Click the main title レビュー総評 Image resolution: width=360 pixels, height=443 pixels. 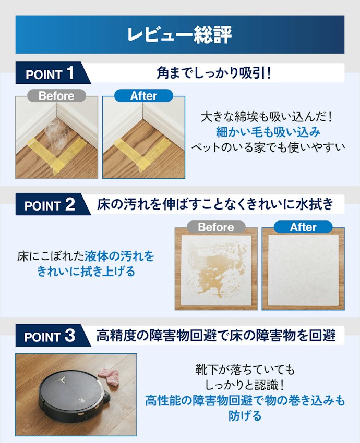coord(179,34)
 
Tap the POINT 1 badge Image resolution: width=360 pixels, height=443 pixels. coord(50,73)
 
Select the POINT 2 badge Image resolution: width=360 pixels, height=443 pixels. coord(50,204)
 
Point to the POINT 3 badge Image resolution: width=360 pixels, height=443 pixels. coord(50,336)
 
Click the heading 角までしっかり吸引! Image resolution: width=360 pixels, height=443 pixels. coord(214,73)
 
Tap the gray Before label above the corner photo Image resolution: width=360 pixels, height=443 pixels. coord(56,96)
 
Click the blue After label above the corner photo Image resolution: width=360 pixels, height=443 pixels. coord(143,96)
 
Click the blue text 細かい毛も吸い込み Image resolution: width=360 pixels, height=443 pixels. coord(268,132)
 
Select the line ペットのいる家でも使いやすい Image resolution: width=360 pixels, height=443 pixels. coord(268,147)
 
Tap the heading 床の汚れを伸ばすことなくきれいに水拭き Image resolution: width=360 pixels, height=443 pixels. coord(215,204)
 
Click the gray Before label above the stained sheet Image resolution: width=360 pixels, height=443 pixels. coord(216,227)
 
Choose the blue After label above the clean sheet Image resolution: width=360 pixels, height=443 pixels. coord(303,227)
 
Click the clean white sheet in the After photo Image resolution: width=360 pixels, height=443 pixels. coord(303,270)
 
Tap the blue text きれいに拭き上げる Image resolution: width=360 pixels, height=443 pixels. coord(86,272)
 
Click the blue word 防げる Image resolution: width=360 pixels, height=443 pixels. coord(245,416)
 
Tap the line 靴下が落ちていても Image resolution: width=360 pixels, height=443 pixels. coord(245,370)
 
